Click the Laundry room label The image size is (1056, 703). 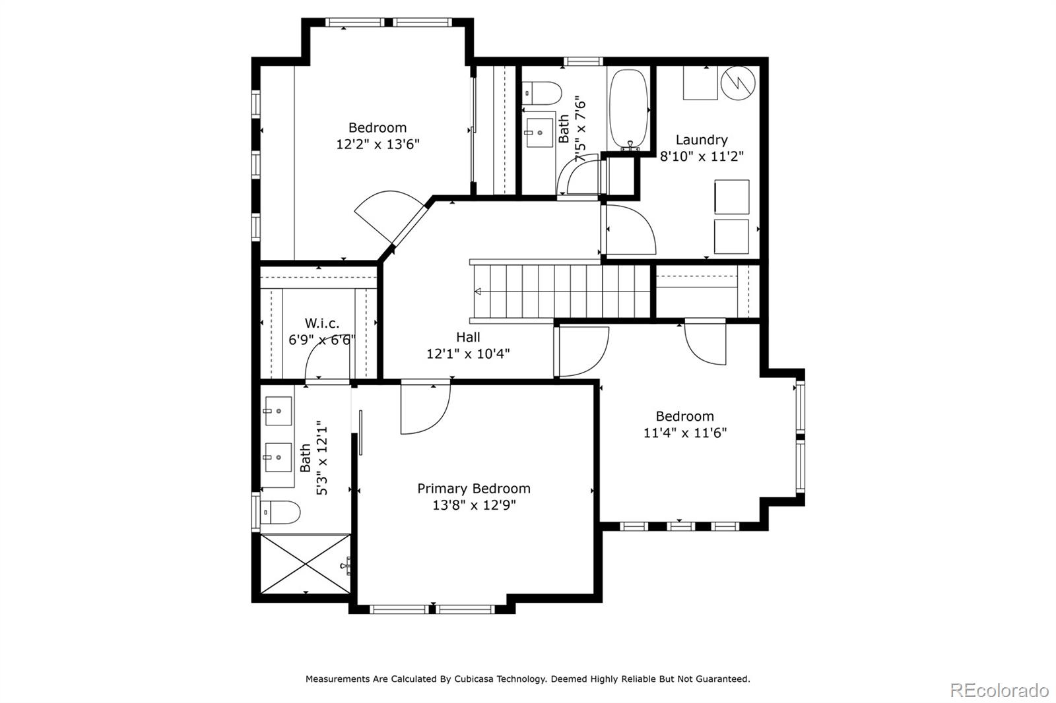tap(702, 140)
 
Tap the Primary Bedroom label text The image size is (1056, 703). tap(473, 489)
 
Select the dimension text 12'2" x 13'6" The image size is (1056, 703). tap(378, 144)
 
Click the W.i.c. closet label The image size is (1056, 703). tap(321, 323)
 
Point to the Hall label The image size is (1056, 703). tap(468, 337)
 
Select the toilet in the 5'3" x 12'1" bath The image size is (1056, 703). tap(280, 511)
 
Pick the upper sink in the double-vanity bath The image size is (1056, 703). tap(278, 411)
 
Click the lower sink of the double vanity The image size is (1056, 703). tap(278, 457)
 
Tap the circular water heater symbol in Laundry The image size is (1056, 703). tap(737, 84)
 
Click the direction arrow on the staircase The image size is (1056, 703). tap(478, 291)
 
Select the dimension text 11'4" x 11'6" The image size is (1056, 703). tap(684, 433)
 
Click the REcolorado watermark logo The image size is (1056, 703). tap(999, 690)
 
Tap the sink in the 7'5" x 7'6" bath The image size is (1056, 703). tap(539, 132)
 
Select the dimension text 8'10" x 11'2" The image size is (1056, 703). tap(702, 156)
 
